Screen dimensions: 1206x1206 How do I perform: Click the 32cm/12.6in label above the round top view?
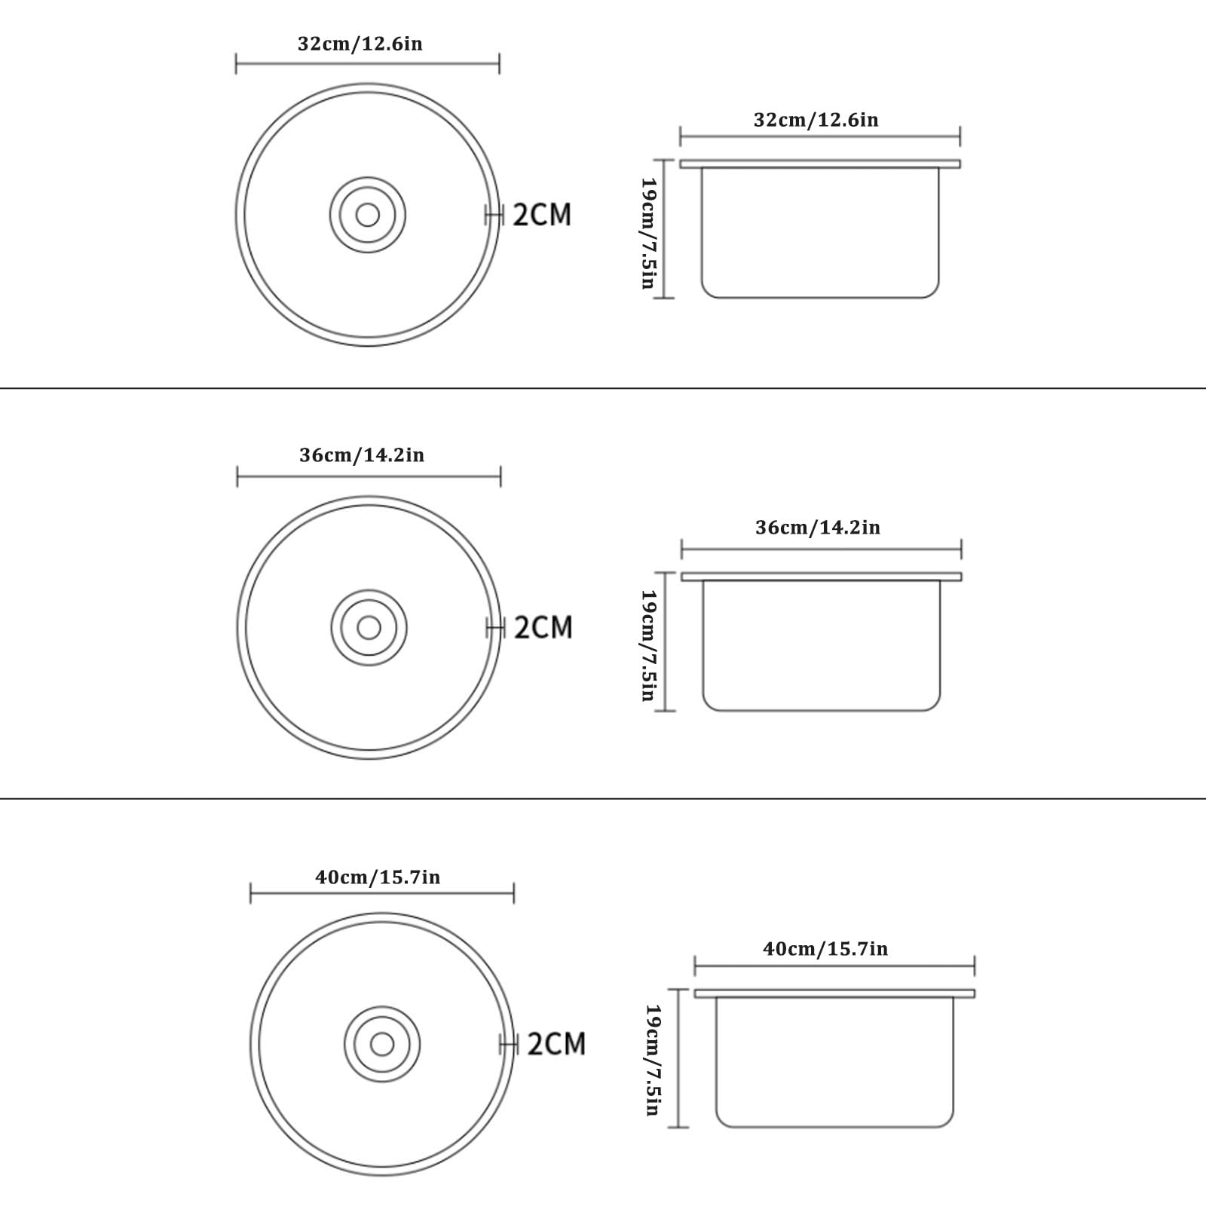click(360, 44)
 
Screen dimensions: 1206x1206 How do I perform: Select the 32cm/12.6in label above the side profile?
click(816, 120)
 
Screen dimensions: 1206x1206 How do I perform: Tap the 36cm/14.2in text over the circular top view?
click(362, 455)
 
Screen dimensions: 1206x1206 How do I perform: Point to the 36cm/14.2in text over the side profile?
click(818, 528)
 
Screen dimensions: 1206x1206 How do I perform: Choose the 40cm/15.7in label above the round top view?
click(378, 877)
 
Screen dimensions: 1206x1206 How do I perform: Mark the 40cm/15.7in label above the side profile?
click(825, 948)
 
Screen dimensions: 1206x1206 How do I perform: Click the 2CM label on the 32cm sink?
click(542, 215)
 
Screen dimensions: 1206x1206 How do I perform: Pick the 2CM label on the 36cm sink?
click(543, 627)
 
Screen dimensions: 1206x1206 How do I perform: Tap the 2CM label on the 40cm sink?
click(556, 1044)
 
